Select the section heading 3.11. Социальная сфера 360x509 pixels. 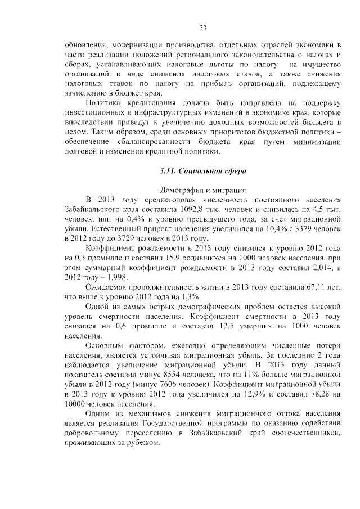[x=203, y=170]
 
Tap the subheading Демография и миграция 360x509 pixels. [x=203, y=191]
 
